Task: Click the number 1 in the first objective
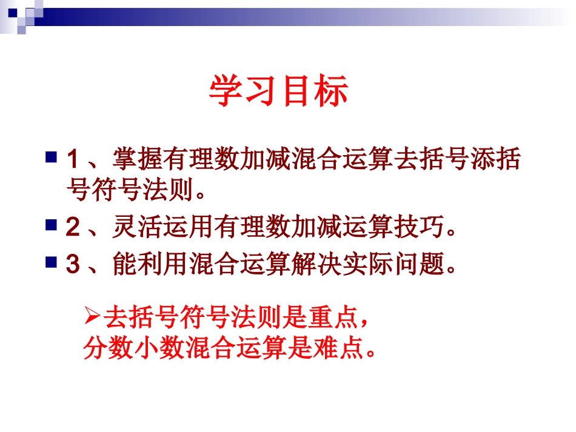click(x=73, y=160)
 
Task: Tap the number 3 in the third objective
click(x=73, y=264)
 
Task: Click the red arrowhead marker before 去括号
click(x=92, y=315)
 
